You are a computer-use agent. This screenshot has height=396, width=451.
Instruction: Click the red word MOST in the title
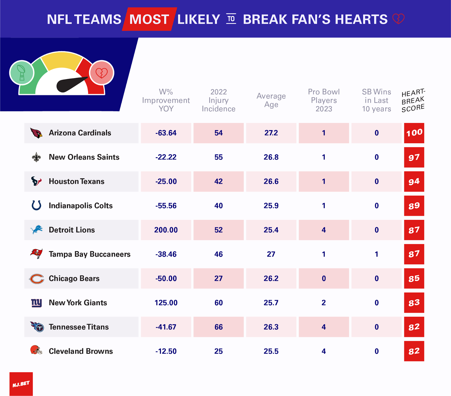tap(149, 19)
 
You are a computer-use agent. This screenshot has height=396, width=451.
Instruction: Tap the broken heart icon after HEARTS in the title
tap(398, 19)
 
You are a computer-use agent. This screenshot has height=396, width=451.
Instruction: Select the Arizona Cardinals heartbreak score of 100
tap(414, 133)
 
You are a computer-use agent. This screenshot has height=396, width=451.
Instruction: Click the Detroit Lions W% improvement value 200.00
tap(166, 230)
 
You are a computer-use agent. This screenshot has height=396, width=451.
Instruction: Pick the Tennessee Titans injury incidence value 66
tap(218, 327)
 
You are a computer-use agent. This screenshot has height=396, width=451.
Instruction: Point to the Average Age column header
tap(271, 100)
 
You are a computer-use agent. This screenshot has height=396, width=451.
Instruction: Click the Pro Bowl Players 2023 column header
tap(324, 100)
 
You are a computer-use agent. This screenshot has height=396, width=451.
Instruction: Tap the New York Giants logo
tap(36, 303)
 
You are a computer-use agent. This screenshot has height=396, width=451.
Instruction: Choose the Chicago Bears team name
tap(74, 279)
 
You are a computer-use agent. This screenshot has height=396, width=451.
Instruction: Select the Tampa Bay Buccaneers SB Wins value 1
tap(376, 254)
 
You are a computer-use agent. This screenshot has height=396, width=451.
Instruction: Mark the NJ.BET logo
tap(21, 384)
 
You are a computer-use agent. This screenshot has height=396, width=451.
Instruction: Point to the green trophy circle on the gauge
tap(22, 73)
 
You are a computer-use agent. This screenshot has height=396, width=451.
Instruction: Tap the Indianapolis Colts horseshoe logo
tap(36, 205)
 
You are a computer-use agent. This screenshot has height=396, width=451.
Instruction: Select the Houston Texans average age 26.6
tap(271, 181)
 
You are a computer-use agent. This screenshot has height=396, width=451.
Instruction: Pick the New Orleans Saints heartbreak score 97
tap(414, 157)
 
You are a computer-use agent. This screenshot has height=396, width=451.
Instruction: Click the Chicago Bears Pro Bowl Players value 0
tap(324, 279)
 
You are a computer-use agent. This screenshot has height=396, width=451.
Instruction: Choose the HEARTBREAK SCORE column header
tap(413, 101)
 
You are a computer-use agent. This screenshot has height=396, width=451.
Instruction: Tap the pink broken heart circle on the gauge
tap(101, 73)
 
